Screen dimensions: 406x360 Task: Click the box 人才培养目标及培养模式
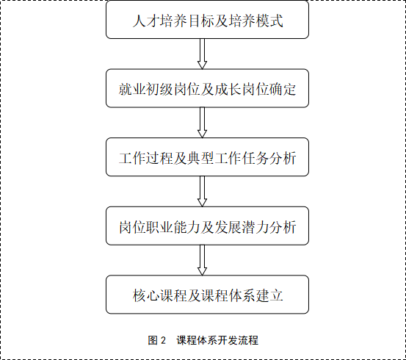[207, 20]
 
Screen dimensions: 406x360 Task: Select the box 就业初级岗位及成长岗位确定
[207, 88]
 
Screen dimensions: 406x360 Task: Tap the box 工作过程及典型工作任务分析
[207, 157]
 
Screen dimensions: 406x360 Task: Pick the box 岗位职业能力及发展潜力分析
[207, 226]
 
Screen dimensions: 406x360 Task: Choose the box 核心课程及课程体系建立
[207, 295]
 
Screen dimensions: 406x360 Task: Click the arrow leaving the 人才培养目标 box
[202, 54]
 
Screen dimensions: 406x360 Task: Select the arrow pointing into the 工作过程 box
[202, 123]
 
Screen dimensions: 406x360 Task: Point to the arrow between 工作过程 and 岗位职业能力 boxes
[202, 191]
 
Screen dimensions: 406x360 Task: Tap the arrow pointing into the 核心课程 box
[202, 260]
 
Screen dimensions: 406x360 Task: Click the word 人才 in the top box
[146, 21]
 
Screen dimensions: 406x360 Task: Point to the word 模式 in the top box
[269, 21]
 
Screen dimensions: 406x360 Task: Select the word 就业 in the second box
[132, 90]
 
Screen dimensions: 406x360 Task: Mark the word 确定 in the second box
[283, 90]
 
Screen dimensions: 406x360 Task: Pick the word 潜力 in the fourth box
[255, 227]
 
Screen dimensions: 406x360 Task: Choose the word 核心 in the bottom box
[146, 295]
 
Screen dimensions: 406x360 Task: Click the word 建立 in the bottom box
[269, 295]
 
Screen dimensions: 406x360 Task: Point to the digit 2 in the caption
[163, 340]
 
